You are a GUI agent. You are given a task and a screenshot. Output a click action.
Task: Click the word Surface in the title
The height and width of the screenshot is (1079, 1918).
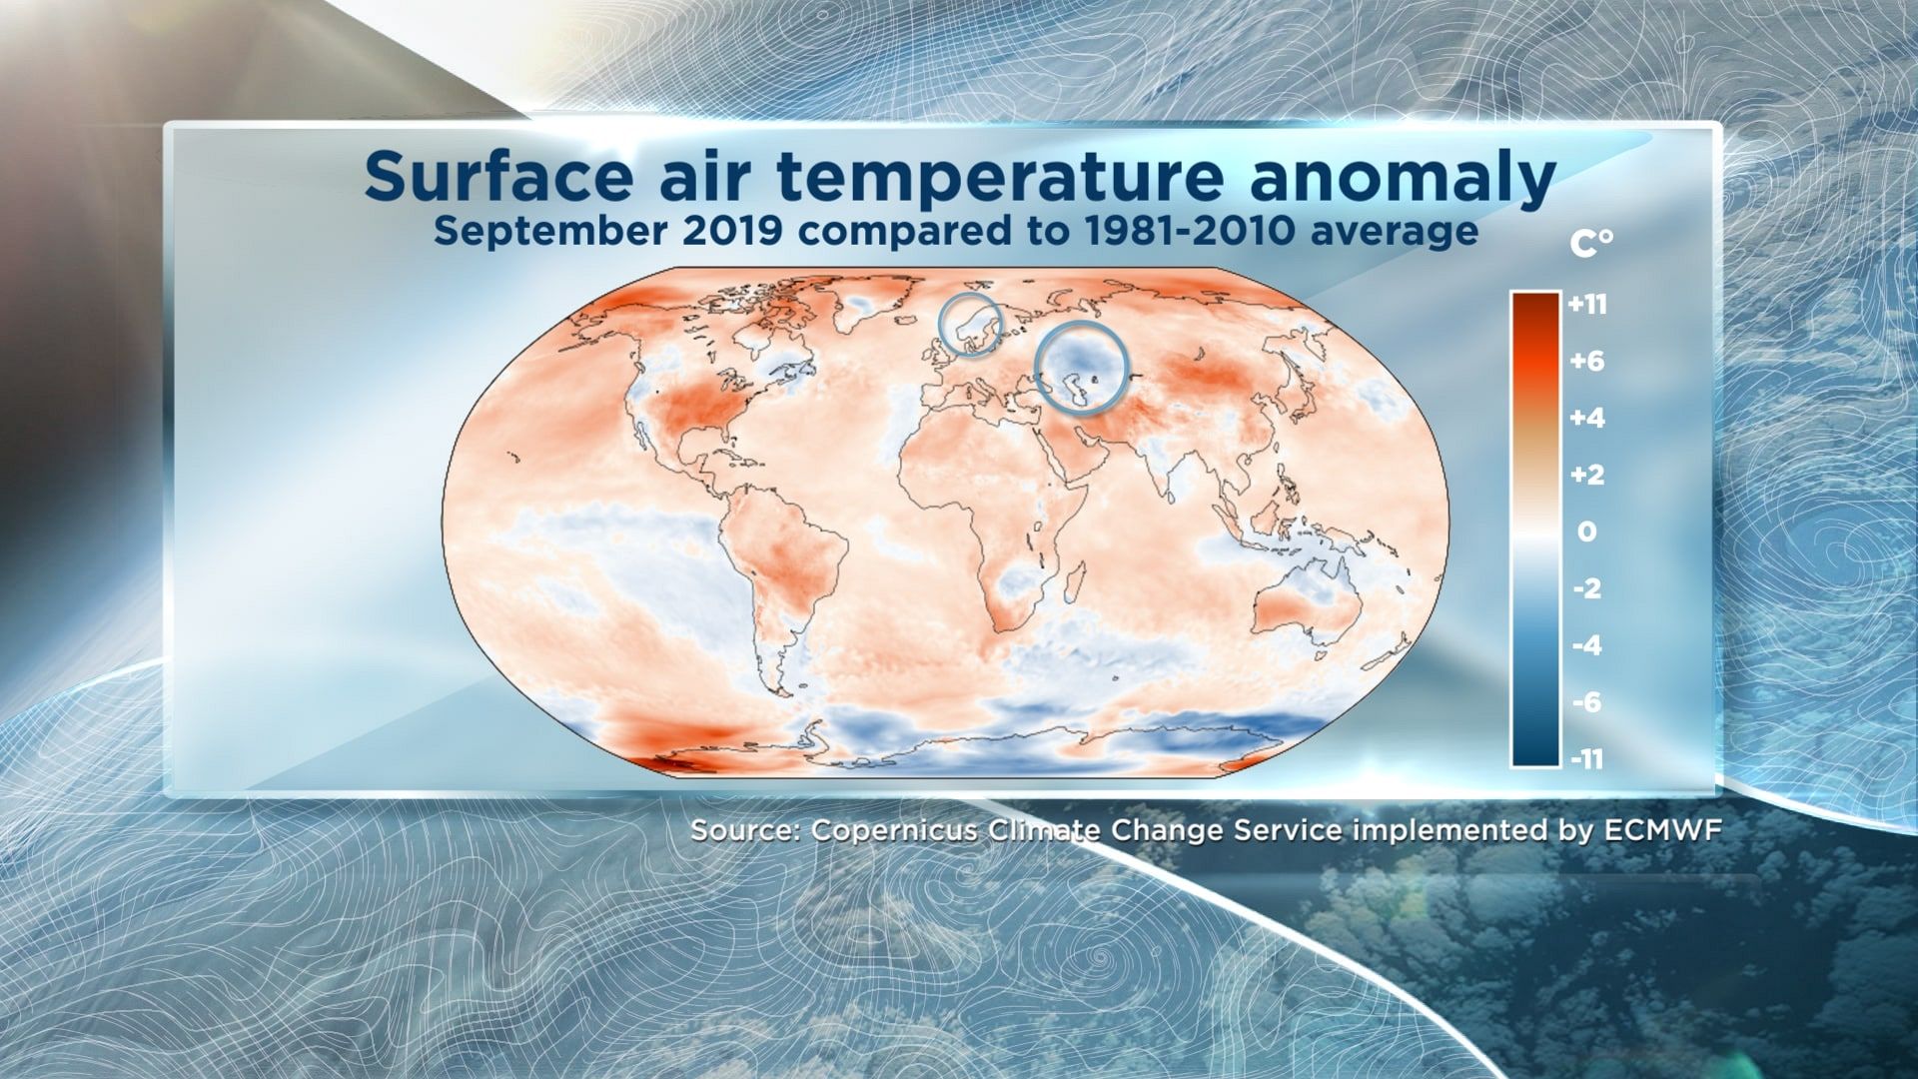(x=498, y=177)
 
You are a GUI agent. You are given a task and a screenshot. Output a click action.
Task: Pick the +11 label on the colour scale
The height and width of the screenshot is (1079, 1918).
(x=1587, y=304)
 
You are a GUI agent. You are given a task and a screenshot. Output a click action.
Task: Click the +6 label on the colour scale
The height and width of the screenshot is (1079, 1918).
(x=1587, y=361)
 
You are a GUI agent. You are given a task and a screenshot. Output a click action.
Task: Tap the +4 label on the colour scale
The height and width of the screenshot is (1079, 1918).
(x=1587, y=418)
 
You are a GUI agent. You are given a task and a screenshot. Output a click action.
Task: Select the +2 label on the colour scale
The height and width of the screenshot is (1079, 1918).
(x=1587, y=475)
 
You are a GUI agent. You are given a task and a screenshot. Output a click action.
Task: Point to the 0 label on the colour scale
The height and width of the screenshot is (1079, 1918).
(x=1587, y=532)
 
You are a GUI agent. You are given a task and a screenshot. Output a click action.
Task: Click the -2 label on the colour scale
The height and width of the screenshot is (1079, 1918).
(x=1587, y=588)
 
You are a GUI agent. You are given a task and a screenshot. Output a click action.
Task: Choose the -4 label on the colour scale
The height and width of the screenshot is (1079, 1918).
(x=1587, y=645)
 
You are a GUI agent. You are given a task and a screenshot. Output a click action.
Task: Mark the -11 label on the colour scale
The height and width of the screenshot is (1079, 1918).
(x=1587, y=759)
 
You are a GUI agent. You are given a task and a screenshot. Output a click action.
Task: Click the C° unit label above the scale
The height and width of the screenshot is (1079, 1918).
(x=1591, y=243)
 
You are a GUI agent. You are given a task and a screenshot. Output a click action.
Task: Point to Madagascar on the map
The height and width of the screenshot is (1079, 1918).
(x=1075, y=583)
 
